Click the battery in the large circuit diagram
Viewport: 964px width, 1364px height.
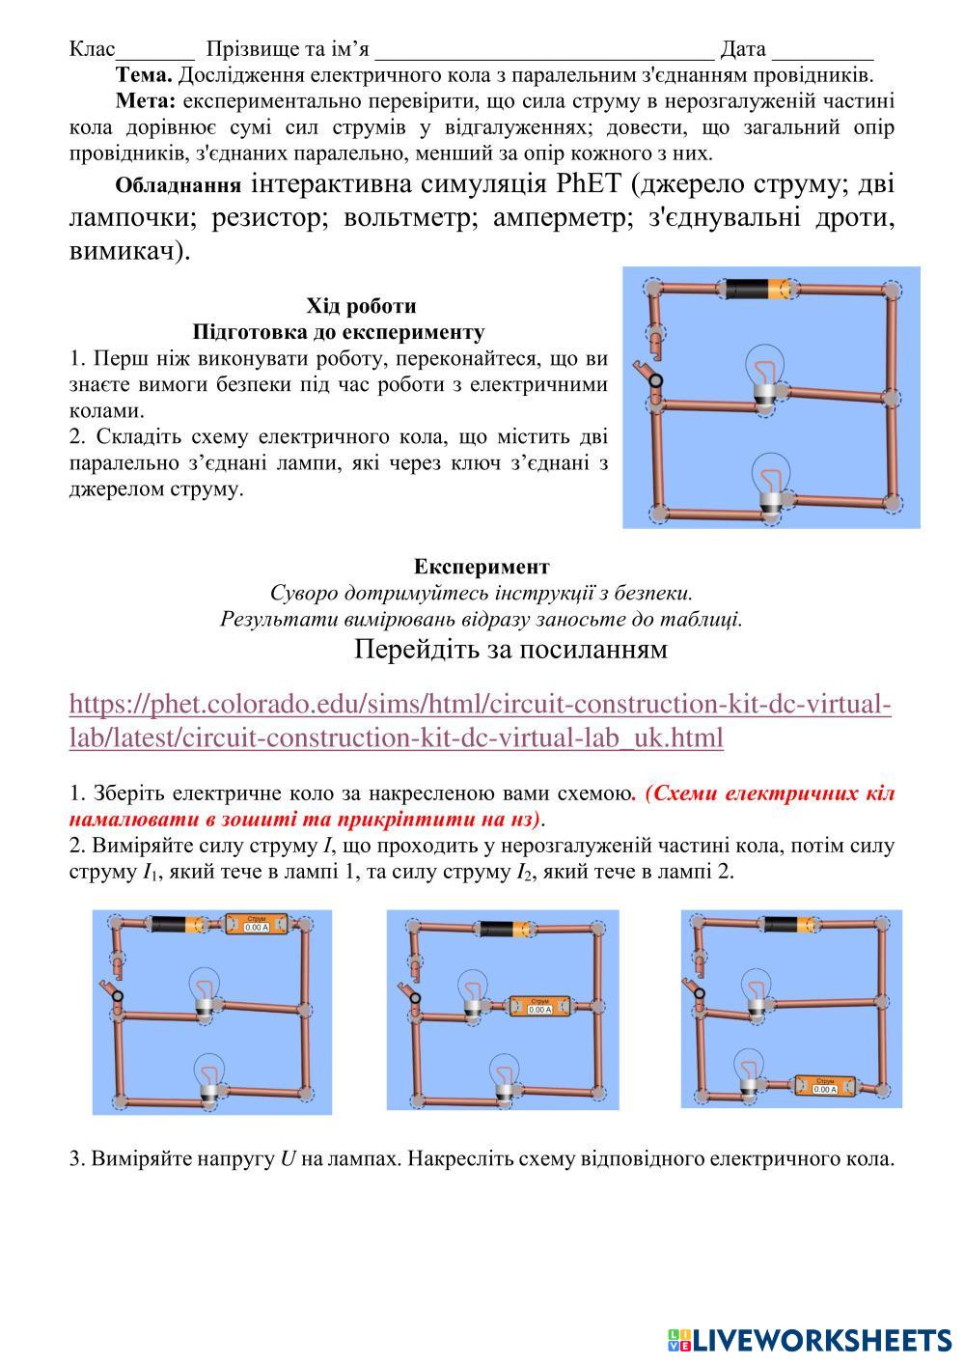pyautogui.click(x=758, y=289)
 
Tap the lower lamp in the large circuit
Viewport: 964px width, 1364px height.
pyautogui.click(x=770, y=487)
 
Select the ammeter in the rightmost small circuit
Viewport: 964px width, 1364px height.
pyautogui.click(x=825, y=1086)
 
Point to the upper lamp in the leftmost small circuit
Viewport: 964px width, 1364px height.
pyautogui.click(x=204, y=992)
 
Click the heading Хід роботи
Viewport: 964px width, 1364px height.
pyautogui.click(x=361, y=306)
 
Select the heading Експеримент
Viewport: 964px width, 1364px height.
pyautogui.click(x=482, y=566)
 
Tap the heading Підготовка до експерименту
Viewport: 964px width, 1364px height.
pyautogui.click(x=338, y=332)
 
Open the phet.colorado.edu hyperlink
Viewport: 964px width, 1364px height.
pyautogui.click(x=480, y=721)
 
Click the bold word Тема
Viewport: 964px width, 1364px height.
pyautogui.click(x=144, y=74)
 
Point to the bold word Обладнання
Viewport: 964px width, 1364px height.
pyautogui.click(x=178, y=185)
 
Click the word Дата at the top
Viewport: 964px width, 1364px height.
pyautogui.click(x=742, y=49)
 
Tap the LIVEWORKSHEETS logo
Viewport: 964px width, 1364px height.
pyautogui.click(x=810, y=1339)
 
